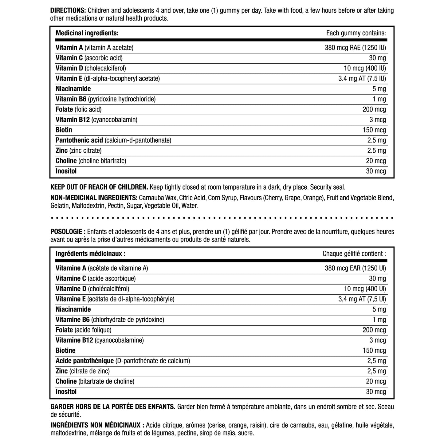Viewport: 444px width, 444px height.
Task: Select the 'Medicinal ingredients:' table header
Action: click(x=87, y=33)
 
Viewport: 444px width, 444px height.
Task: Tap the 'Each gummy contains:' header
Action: click(x=356, y=33)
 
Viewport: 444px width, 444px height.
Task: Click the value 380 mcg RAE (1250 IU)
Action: click(x=355, y=48)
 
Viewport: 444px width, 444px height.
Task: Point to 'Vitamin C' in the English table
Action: click(x=69, y=58)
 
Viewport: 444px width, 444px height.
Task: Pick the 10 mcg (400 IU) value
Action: click(x=365, y=68)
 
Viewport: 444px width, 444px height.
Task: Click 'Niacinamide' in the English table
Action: click(x=73, y=89)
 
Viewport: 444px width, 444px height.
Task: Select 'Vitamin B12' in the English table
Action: click(x=73, y=120)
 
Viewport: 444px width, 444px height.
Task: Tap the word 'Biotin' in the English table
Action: click(x=64, y=130)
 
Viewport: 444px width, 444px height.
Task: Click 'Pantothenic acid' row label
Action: click(x=79, y=140)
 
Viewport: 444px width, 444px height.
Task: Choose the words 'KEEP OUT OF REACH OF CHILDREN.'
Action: click(x=99, y=187)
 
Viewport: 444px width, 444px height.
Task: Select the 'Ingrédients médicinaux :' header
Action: click(x=90, y=254)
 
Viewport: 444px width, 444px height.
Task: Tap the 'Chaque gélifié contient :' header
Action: click(x=354, y=254)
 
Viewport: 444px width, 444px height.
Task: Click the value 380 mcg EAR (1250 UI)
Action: click(x=355, y=268)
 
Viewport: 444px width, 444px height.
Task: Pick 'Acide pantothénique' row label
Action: click(x=85, y=361)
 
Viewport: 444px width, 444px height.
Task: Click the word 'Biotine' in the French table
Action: click(x=65, y=351)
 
